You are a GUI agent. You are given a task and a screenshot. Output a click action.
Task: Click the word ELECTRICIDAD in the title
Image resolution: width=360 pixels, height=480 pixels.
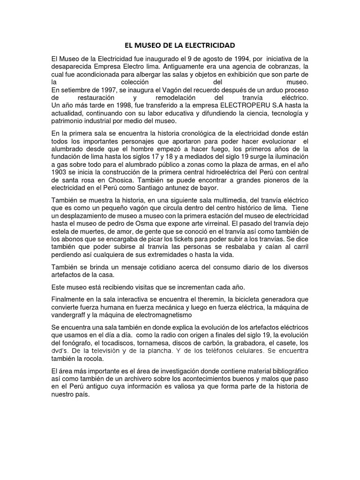(x=208, y=45)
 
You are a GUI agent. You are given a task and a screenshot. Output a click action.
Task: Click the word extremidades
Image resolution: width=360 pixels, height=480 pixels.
(x=163, y=255)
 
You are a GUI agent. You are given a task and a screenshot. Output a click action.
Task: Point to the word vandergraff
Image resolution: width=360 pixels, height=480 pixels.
(x=71, y=315)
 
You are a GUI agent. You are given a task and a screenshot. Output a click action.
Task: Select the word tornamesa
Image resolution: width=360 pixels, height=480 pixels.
(x=155, y=343)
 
